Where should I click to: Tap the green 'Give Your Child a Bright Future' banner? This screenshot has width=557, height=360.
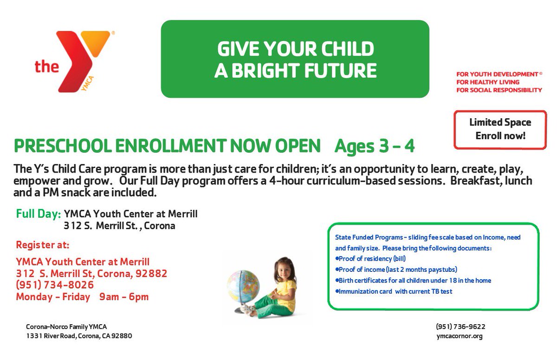click(x=295, y=59)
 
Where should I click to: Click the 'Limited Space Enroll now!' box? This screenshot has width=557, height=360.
click(x=500, y=129)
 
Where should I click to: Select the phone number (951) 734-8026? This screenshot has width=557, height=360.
click(x=55, y=285)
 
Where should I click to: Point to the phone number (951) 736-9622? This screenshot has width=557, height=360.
click(x=460, y=326)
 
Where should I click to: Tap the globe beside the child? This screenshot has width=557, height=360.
click(x=243, y=287)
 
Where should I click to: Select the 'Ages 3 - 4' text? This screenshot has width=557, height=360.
click(x=375, y=147)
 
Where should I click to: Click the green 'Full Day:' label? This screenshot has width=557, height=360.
click(x=38, y=214)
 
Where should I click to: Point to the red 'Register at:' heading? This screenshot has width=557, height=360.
click(x=43, y=244)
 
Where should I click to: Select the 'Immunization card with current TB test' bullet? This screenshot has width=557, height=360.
click(x=393, y=291)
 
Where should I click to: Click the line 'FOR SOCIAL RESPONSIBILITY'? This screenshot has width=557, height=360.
click(x=499, y=90)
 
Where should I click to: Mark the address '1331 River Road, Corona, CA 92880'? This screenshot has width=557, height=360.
click(x=79, y=336)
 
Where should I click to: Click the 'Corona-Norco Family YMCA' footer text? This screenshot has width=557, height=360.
click(x=66, y=326)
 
